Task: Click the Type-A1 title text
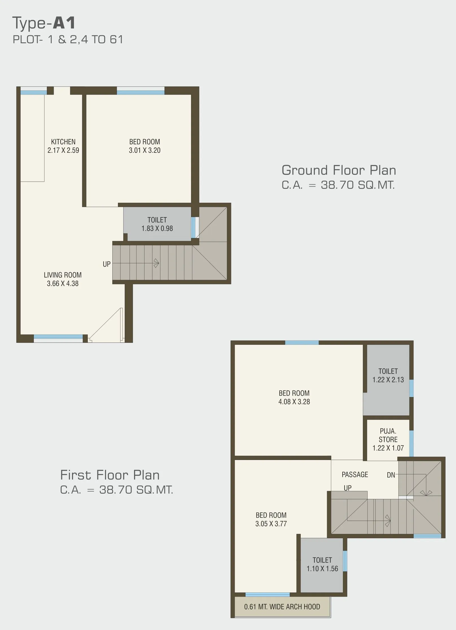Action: [44, 23]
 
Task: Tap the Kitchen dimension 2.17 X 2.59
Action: [63, 150]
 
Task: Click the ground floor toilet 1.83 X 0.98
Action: [157, 224]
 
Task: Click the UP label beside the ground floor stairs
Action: [107, 264]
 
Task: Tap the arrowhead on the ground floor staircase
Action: [156, 263]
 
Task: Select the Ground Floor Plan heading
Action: [339, 170]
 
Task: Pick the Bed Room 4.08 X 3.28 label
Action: [294, 397]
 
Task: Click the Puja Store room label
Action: [388, 439]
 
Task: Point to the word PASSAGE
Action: [355, 474]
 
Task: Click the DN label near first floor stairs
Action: [391, 475]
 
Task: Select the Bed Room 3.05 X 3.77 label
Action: [271, 519]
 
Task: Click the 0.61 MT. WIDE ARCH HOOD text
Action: [282, 607]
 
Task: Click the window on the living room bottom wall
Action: [58, 337]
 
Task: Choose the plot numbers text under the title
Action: [68, 40]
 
